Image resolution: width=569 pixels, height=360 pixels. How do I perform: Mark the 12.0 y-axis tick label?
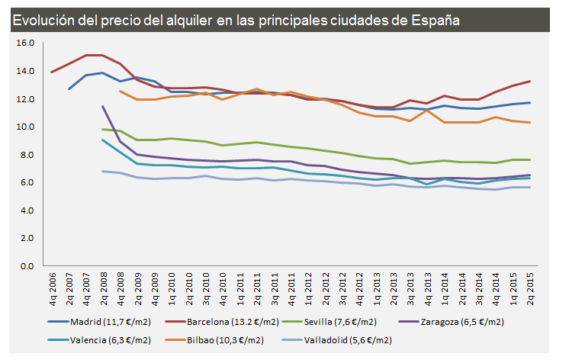point(25,99)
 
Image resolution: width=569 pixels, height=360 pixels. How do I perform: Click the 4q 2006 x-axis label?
point(52,288)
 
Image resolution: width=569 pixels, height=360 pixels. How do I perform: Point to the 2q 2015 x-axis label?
point(530,288)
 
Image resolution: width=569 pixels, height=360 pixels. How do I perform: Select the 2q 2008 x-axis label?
point(104,288)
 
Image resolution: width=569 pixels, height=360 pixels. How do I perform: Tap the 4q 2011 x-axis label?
point(291,288)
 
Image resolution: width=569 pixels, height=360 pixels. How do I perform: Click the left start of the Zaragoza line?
point(103,107)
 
